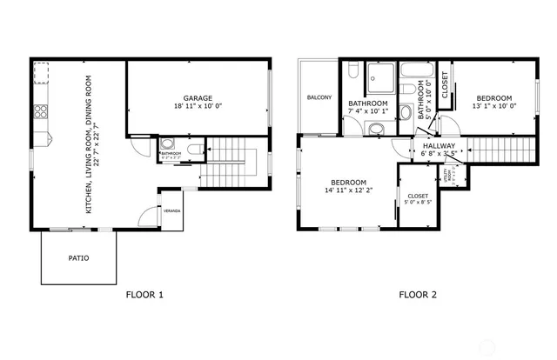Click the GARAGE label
pos(197,97)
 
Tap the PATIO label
pos(78,258)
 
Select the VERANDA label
pos(171,211)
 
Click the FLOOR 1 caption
pos(144,295)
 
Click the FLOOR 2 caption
pos(418,295)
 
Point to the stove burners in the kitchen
pos(39,111)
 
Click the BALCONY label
pos(319,97)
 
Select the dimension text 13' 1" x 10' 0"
pos(493,106)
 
